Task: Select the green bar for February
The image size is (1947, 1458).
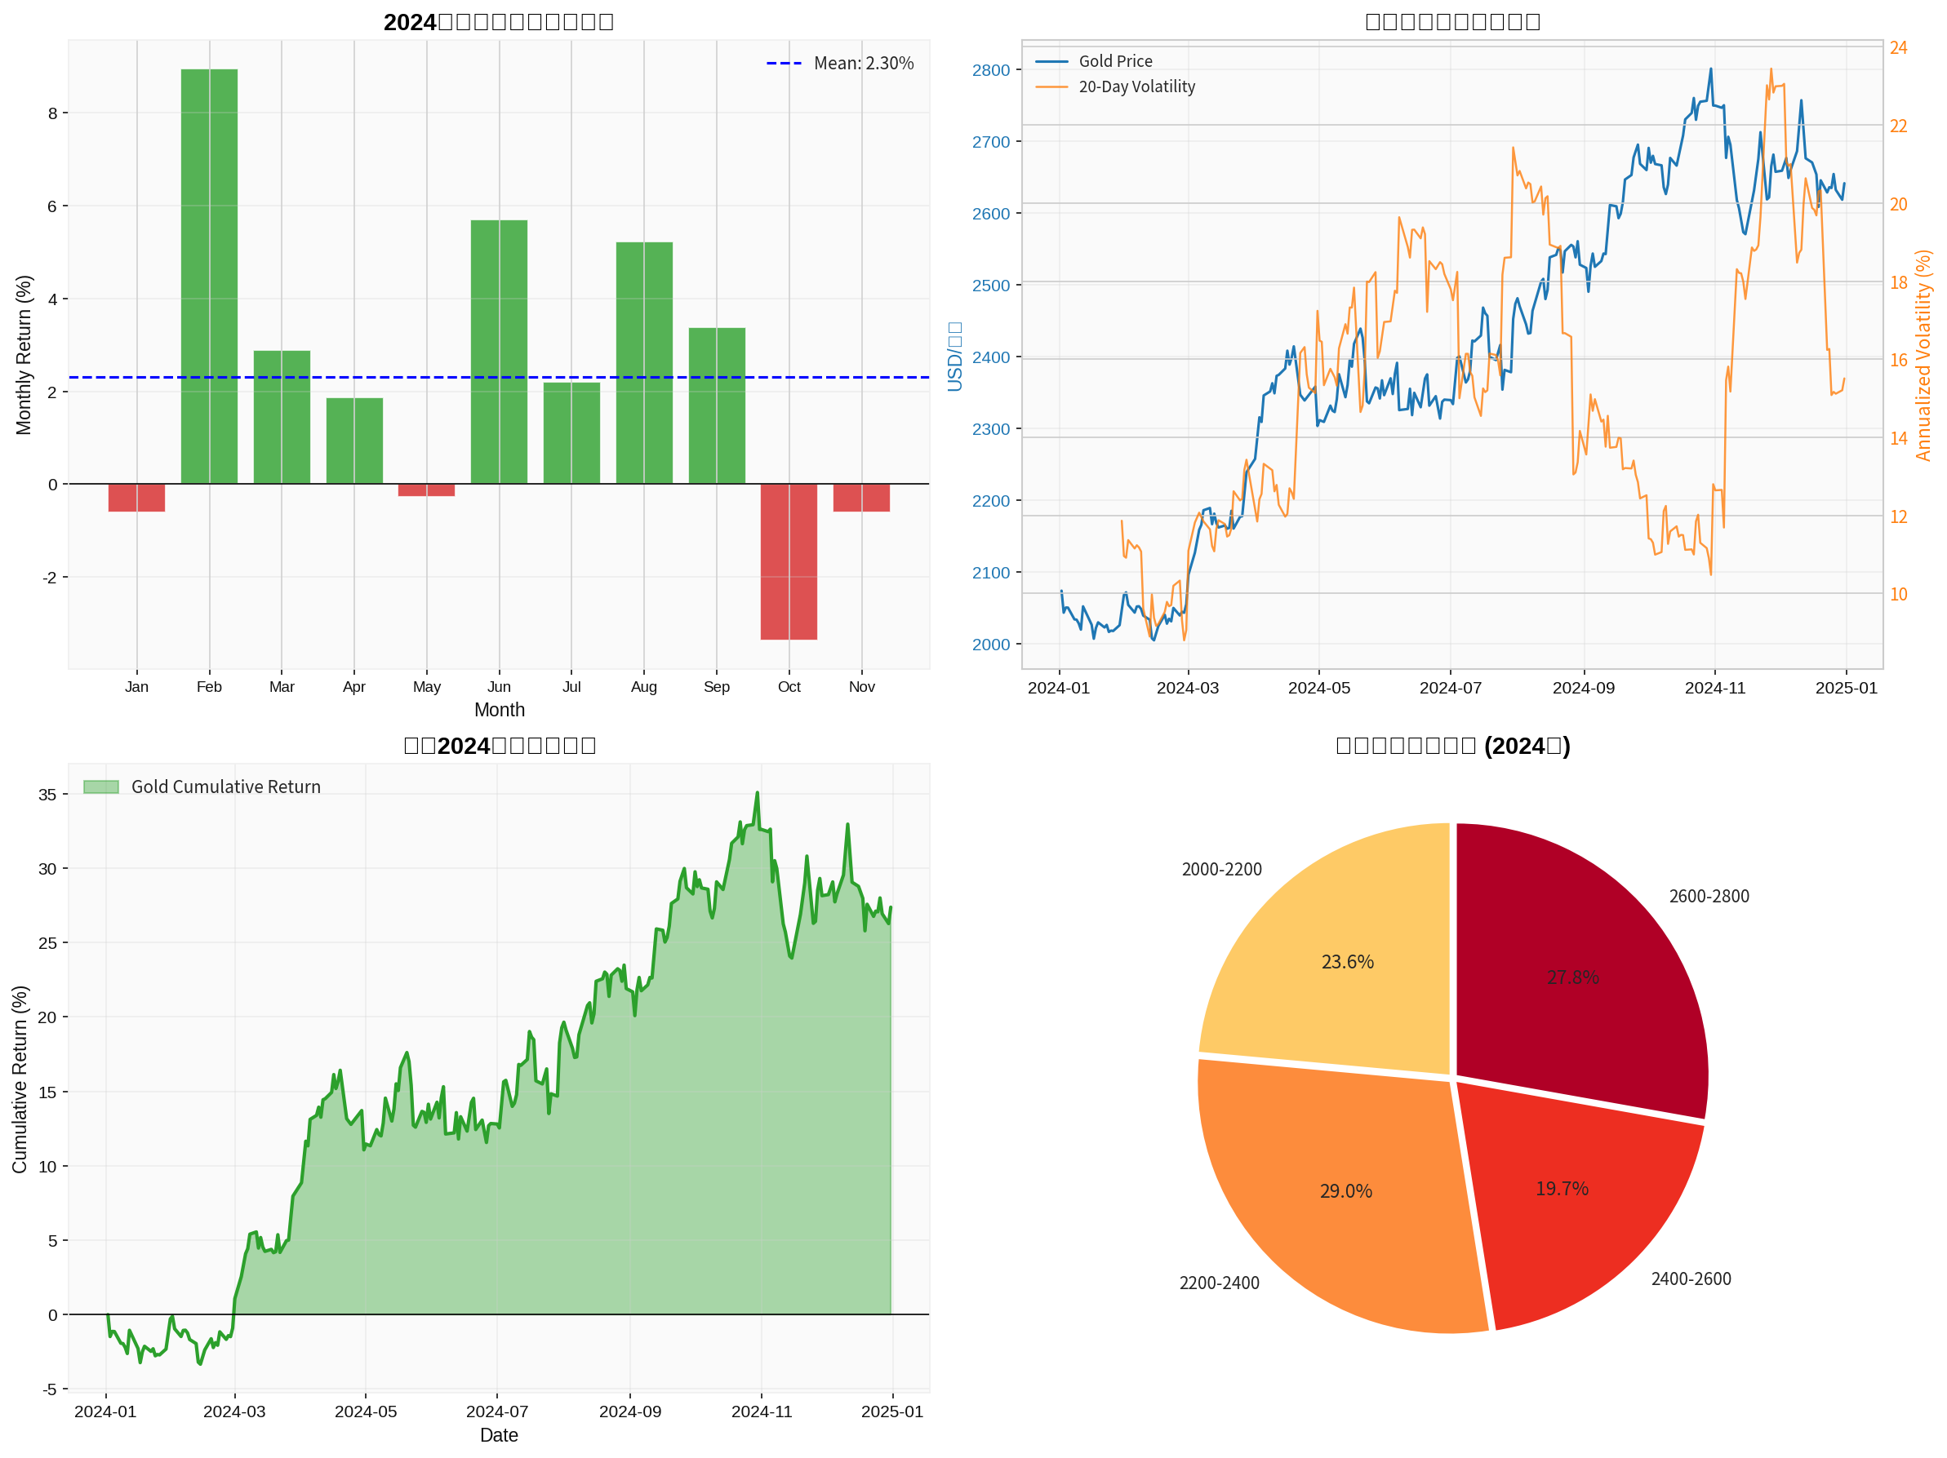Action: click(209, 277)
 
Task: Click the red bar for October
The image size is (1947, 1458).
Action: click(789, 561)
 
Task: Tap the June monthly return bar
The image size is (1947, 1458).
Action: click(499, 352)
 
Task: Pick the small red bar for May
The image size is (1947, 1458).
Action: click(427, 490)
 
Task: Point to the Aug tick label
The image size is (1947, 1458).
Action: click(643, 687)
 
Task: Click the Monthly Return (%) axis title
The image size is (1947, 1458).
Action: click(24, 355)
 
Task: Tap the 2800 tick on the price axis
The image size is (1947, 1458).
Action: click(990, 70)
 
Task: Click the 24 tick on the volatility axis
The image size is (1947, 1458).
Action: click(1899, 47)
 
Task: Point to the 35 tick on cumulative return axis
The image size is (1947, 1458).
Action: click(47, 795)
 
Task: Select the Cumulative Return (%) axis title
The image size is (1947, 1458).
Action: click(20, 1079)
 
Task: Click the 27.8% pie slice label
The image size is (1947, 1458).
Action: click(1572, 977)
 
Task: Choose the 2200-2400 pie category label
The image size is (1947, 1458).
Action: click(1219, 1283)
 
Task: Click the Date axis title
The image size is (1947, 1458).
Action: click(499, 1435)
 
